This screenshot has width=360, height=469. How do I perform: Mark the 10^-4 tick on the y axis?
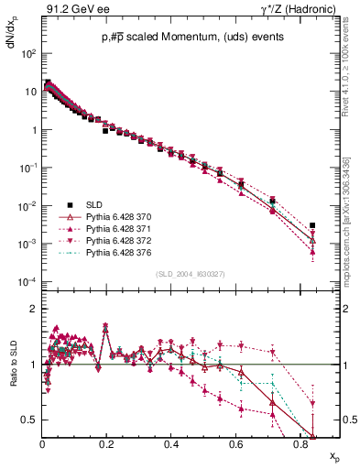point(27,281)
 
